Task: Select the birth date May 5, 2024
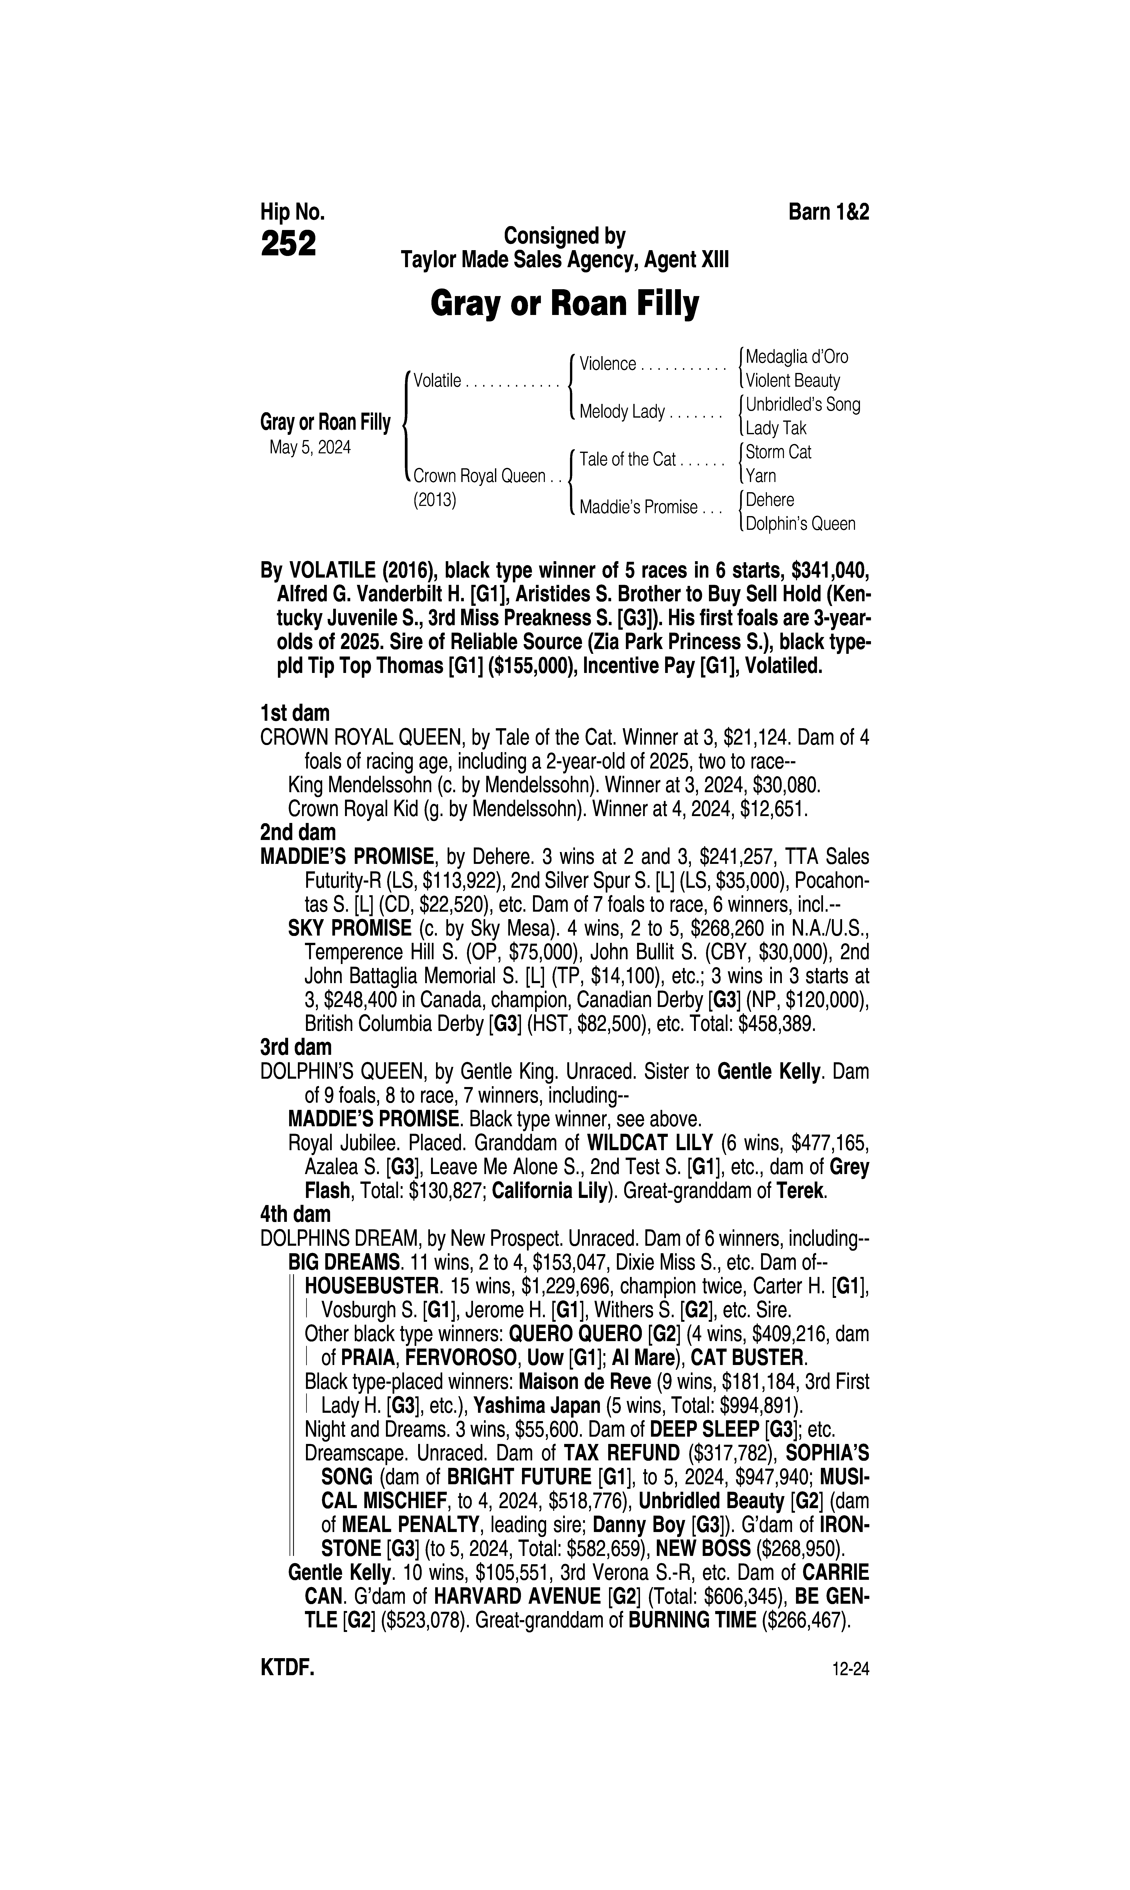(x=310, y=448)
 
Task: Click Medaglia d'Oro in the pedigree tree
(x=796, y=356)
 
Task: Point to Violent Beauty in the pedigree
(x=793, y=381)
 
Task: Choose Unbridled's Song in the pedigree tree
(x=803, y=404)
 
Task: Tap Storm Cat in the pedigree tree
(x=778, y=452)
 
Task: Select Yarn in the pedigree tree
(x=761, y=476)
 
